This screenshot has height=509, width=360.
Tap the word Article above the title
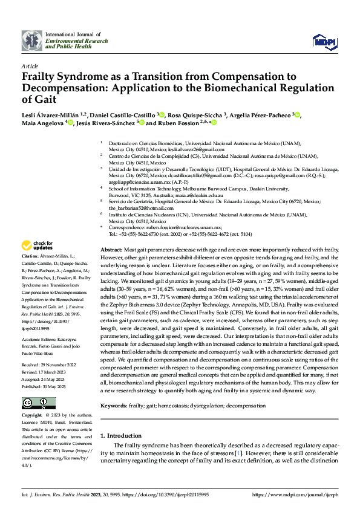[x=30, y=66]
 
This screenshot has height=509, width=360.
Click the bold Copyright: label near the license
[x=32, y=415]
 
